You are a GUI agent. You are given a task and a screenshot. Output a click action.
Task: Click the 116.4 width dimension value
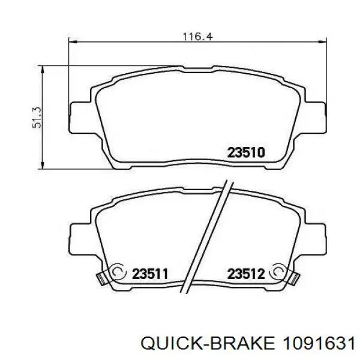198,37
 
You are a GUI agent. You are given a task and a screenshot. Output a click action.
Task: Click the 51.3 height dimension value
37,118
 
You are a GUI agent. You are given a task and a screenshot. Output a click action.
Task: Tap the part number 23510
246,152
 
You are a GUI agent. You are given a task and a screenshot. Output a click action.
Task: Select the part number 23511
150,274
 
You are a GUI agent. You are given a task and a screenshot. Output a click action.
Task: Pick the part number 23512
246,274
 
